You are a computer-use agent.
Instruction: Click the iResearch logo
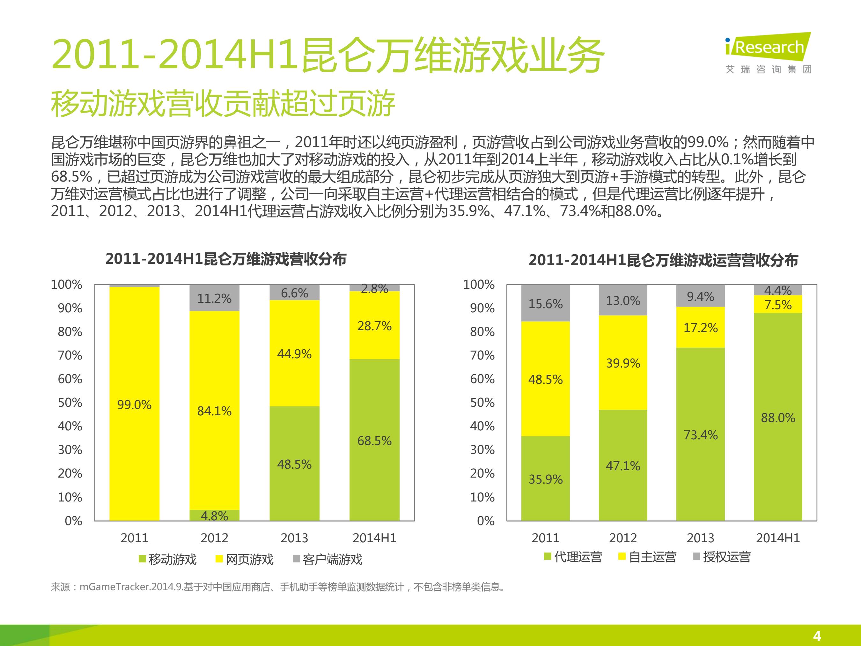coord(768,53)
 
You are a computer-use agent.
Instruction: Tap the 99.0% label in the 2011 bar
coord(134,405)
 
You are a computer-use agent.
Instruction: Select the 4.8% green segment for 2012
coord(215,515)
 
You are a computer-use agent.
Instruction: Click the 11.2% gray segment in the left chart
coord(215,298)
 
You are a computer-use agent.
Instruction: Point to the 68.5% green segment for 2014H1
coord(374,440)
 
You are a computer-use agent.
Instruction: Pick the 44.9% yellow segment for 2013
coord(295,353)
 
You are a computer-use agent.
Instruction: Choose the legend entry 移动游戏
coord(168,559)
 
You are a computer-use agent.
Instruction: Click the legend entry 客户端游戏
coord(327,559)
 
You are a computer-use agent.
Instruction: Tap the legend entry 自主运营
coord(647,557)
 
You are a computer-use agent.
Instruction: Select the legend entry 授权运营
coord(722,557)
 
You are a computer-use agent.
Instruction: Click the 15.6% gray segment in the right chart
coord(545,303)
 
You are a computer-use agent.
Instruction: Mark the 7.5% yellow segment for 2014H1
coord(778,304)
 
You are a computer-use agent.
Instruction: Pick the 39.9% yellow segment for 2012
coord(623,362)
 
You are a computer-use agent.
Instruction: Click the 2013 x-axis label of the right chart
coord(701,538)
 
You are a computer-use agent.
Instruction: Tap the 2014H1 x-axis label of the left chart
coord(374,538)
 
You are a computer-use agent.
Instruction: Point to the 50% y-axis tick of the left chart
coord(70,402)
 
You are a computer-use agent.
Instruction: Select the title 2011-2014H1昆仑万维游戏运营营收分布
coord(663,260)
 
